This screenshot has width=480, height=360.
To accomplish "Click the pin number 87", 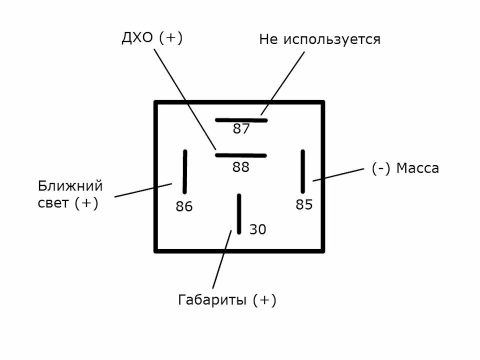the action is [241, 129].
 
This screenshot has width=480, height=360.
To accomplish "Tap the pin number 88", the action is [241, 167].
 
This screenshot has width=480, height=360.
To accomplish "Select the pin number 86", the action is [184, 206].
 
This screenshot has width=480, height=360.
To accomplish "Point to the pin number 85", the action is [304, 204].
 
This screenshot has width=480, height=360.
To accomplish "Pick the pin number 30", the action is [257, 229].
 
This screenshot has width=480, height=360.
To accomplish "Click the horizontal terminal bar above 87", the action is [241, 120].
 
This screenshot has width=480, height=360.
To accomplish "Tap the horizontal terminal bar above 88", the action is [241, 155].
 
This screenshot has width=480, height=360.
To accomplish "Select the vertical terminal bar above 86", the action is [184, 171].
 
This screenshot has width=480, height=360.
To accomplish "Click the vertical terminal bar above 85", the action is [302, 171].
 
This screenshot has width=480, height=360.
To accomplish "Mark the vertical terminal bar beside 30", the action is [239, 213].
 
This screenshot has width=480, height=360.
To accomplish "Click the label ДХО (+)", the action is [152, 38].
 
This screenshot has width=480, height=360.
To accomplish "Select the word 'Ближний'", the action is [70, 186].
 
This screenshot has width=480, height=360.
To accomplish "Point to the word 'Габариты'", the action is [212, 300].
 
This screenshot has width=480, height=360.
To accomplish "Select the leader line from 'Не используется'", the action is [282, 82].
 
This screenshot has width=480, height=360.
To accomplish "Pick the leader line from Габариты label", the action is [221, 260].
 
